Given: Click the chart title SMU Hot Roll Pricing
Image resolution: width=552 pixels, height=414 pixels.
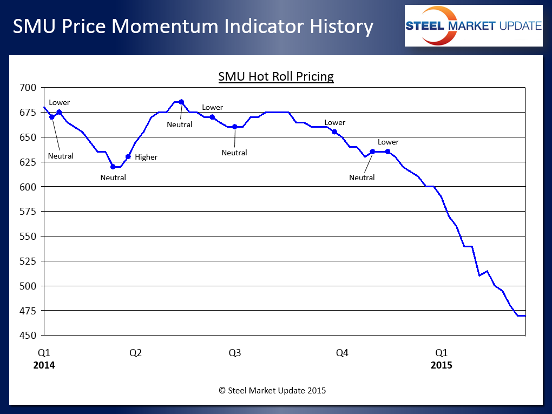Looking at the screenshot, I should [x=276, y=77].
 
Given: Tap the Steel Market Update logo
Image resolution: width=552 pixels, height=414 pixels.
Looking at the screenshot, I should [x=474, y=25].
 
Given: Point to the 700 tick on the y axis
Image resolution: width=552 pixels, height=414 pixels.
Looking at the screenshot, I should [x=27, y=88].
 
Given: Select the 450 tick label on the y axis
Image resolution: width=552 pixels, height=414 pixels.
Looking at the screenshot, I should [x=27, y=336].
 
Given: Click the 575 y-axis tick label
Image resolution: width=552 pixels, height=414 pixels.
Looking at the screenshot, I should [x=27, y=212].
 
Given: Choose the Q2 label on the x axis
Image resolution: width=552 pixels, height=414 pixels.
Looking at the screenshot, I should [x=135, y=353].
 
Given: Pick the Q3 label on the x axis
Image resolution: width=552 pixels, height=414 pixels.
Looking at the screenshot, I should [x=235, y=353].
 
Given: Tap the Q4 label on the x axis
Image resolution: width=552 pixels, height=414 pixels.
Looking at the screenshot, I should [x=342, y=353].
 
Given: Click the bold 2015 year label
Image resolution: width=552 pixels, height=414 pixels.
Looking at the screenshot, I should [x=442, y=365].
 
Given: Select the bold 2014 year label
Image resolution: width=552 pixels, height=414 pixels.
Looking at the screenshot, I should [x=44, y=365].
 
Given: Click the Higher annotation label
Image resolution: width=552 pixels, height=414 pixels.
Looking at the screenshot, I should [x=146, y=157].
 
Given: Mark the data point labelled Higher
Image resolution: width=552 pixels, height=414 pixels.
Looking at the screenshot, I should [x=128, y=156].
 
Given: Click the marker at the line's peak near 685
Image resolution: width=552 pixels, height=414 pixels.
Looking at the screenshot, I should [x=181, y=102].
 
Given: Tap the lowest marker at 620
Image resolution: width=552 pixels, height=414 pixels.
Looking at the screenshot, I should [x=113, y=167].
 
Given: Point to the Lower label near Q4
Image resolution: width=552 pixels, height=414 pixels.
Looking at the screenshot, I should [x=335, y=123].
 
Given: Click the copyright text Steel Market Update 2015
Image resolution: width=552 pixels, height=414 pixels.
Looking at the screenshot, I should [x=272, y=390].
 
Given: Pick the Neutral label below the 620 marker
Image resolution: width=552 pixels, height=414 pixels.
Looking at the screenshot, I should [x=113, y=178].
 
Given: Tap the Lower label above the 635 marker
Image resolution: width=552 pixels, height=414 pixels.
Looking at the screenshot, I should [x=388, y=142].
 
